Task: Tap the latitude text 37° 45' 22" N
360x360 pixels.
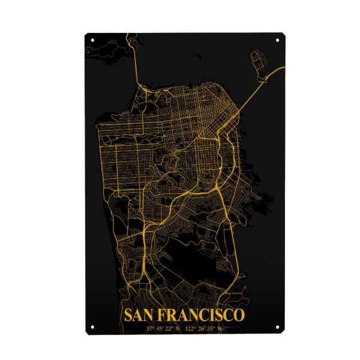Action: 163,328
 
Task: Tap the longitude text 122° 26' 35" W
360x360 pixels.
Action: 203,328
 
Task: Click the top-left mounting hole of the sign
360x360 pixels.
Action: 92,40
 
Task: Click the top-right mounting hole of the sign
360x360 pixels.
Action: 277,40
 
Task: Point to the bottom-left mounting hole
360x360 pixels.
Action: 92,327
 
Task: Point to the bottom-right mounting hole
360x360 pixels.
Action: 277,327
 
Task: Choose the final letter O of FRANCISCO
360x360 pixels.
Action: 239,316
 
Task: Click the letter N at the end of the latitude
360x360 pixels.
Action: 178,328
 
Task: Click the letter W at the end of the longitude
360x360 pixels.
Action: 220,328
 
